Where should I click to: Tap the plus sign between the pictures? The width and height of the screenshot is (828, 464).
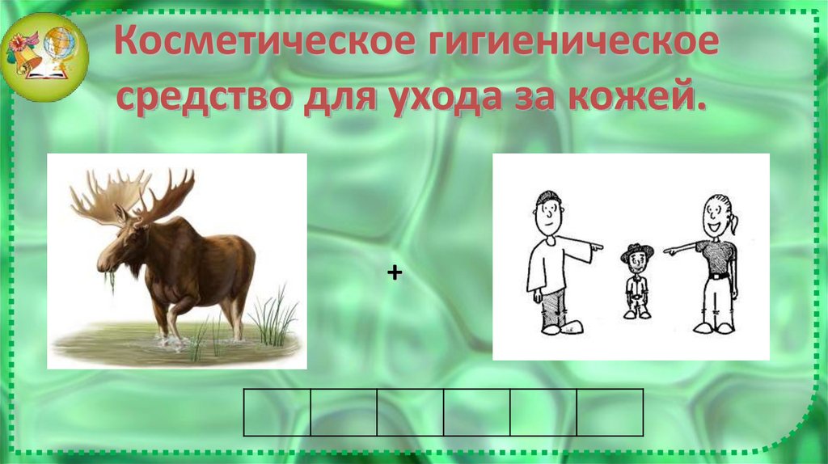click(x=394, y=275)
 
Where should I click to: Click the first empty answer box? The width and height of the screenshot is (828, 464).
click(x=277, y=412)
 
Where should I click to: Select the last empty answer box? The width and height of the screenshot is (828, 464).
click(x=609, y=412)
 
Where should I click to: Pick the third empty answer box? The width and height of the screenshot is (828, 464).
click(x=410, y=412)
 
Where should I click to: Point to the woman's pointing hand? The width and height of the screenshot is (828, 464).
click(x=670, y=251)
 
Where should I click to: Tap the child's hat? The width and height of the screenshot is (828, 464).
click(x=636, y=251)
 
